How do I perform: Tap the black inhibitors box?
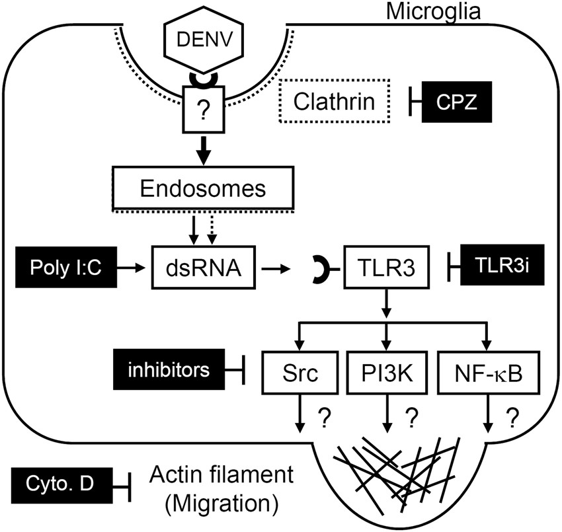(x=166, y=369)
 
